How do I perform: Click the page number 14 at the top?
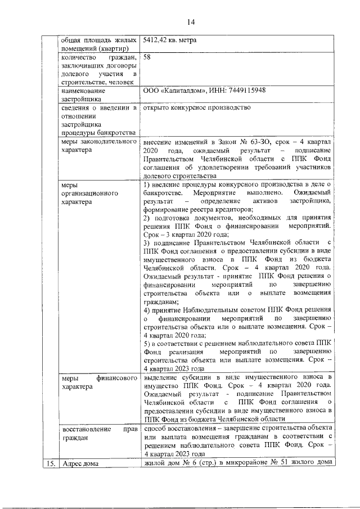point(191,22)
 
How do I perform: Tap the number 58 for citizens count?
point(147,57)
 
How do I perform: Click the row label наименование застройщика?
point(87,94)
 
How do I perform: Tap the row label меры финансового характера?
point(98,382)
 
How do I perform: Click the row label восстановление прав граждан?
point(98,434)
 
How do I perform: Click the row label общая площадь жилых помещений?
point(98,44)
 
